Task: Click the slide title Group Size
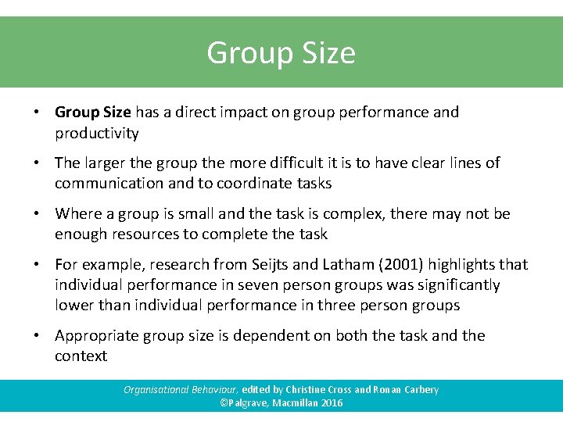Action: tap(281, 53)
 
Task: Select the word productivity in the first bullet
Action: tap(97, 134)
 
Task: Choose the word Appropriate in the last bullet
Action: tap(99, 336)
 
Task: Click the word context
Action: tap(81, 356)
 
